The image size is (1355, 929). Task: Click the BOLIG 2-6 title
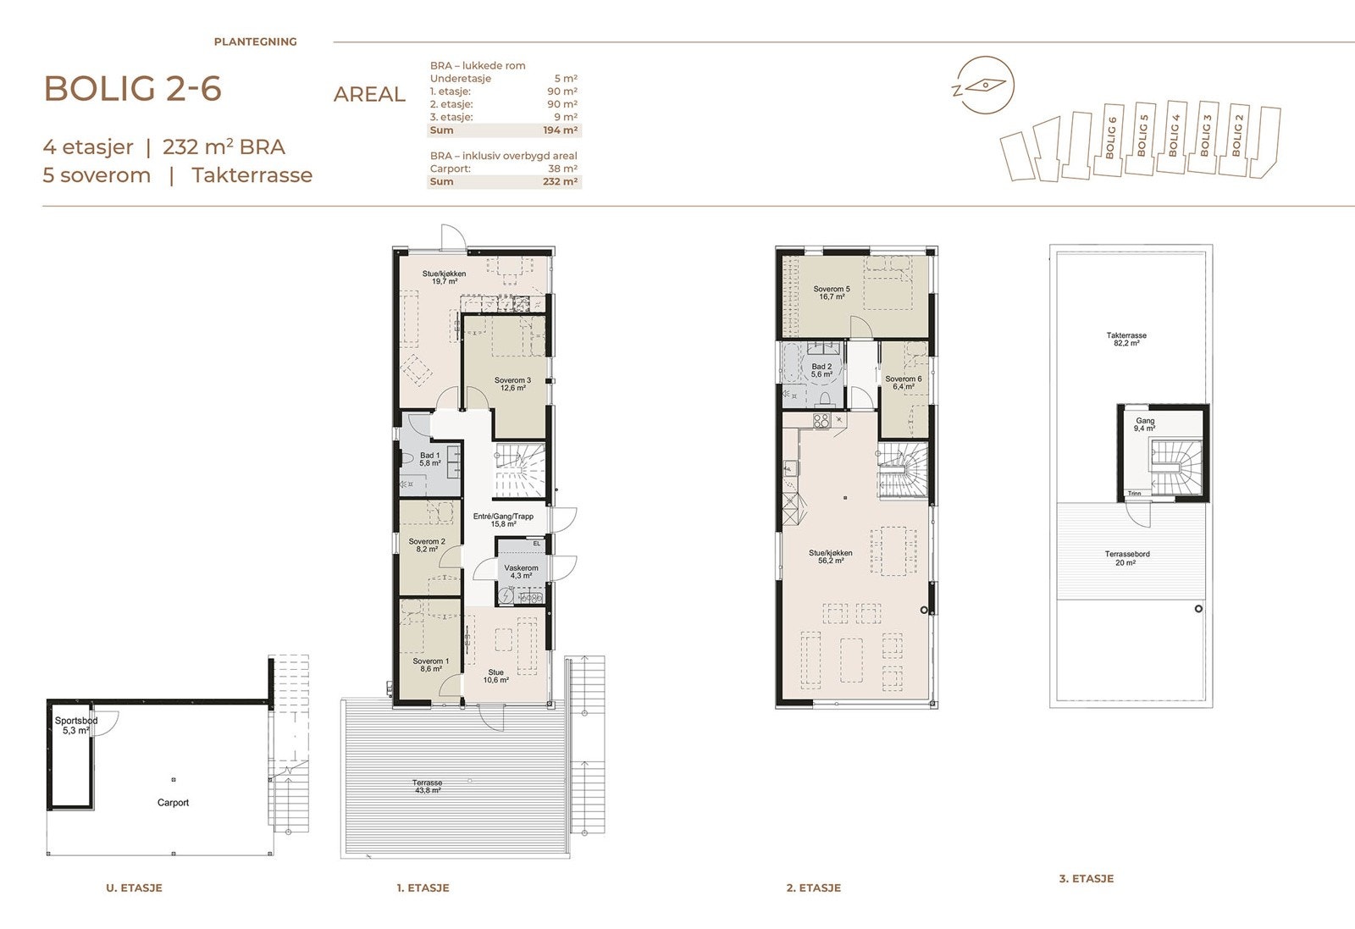pyautogui.click(x=132, y=89)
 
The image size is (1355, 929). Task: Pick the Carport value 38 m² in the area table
pyautogui.click(x=562, y=169)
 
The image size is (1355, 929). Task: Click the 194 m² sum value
pyautogui.click(x=560, y=130)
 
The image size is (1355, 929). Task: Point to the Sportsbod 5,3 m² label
pyautogui.click(x=76, y=726)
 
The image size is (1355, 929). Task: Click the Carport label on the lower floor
pyautogui.click(x=173, y=803)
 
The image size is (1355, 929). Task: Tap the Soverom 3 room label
pyautogui.click(x=512, y=384)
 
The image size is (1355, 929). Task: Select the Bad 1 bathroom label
pyautogui.click(x=429, y=459)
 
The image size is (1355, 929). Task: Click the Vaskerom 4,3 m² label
pyautogui.click(x=521, y=572)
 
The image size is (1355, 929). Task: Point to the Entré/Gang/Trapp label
pyautogui.click(x=503, y=520)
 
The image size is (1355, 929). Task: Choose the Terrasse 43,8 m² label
pyautogui.click(x=427, y=786)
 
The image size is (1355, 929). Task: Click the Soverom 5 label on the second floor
pyautogui.click(x=832, y=293)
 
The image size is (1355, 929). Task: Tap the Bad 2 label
pyautogui.click(x=821, y=370)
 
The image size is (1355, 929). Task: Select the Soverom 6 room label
pyautogui.click(x=903, y=383)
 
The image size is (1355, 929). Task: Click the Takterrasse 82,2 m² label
pyautogui.click(x=1126, y=339)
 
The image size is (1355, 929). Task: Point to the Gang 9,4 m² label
pyautogui.click(x=1144, y=424)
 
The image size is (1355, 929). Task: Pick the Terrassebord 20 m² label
pyautogui.click(x=1127, y=558)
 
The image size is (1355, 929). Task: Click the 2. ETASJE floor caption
pyautogui.click(x=814, y=888)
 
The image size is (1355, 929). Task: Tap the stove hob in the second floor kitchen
pyautogui.click(x=821, y=421)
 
